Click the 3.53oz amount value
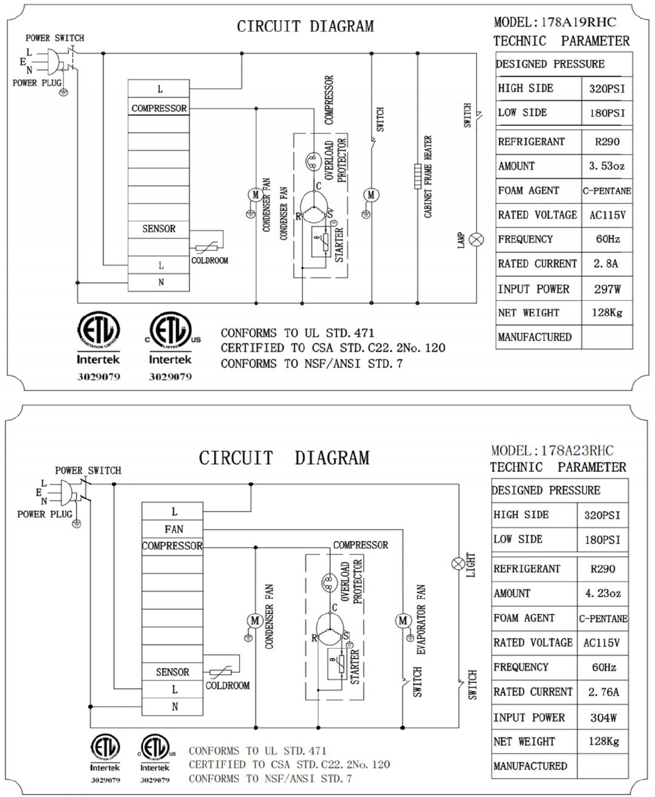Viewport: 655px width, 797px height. (x=607, y=166)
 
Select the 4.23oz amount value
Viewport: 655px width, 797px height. (x=602, y=593)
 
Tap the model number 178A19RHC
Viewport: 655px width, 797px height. (x=578, y=22)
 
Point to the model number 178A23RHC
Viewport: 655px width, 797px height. (x=576, y=450)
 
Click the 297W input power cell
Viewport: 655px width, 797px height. (x=607, y=289)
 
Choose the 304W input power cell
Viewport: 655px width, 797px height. (x=603, y=717)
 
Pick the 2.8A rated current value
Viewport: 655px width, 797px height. (x=606, y=264)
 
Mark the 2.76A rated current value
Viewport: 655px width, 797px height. (x=603, y=692)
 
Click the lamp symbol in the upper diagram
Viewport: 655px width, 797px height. (x=478, y=238)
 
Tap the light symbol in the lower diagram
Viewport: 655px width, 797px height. (x=459, y=564)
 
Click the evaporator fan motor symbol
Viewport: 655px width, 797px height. (x=403, y=621)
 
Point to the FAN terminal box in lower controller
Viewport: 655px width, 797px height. (x=173, y=529)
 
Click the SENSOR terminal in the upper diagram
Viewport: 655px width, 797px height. (x=159, y=229)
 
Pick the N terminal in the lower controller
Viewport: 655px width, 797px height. (x=174, y=707)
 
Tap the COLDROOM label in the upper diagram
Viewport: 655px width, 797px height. (x=210, y=260)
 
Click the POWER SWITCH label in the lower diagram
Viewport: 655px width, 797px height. (x=87, y=471)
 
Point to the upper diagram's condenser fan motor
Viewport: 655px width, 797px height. (x=255, y=195)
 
